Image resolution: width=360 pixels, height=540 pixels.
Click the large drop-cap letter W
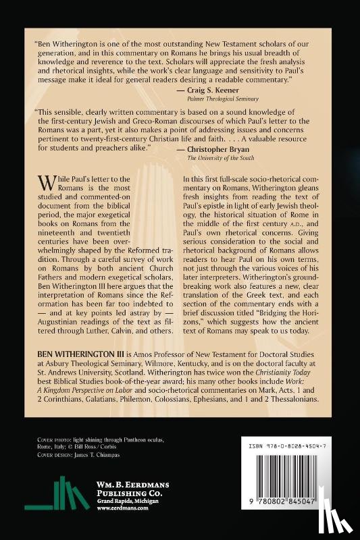[x=45, y=183]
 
